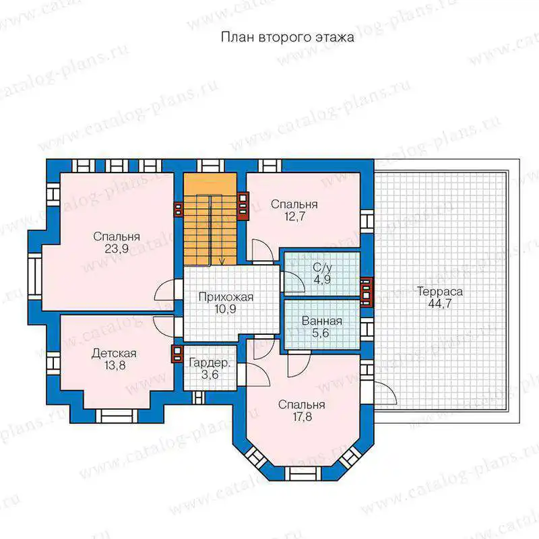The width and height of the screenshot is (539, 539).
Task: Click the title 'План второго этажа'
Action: [288, 37]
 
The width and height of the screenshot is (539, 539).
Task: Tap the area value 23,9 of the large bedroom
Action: [117, 249]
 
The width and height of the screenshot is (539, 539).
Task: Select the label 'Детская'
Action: [114, 353]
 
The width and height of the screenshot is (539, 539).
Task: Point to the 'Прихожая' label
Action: [226, 297]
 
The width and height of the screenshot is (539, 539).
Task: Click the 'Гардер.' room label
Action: [210, 363]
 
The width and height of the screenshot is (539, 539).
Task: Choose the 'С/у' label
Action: [323, 267]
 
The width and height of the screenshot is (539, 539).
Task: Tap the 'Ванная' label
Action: [322, 321]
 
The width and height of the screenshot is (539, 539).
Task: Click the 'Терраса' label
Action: [440, 292]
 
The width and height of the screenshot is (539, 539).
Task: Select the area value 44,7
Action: [440, 304]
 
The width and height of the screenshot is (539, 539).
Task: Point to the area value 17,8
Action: [303, 416]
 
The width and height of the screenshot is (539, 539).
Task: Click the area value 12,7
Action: [294, 216]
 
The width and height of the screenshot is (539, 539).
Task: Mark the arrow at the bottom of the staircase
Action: [222, 261]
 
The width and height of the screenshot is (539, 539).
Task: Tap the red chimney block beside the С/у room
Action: [366, 292]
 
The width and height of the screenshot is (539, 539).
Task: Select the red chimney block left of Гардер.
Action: [177, 354]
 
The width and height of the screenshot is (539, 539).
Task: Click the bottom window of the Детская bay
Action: [116, 416]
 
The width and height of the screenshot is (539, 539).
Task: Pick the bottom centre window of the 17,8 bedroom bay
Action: [302, 474]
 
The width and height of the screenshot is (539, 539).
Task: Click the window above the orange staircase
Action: [210, 166]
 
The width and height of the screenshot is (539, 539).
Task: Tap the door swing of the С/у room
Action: [293, 282]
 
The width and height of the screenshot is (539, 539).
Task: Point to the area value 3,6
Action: [210, 375]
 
